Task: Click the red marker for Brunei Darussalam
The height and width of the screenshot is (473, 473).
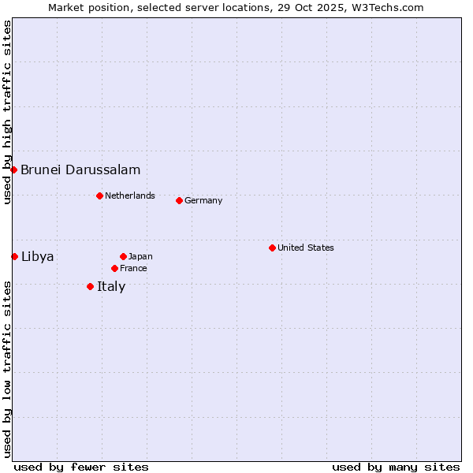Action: (x=13, y=169)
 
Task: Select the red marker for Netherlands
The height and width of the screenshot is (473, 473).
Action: (x=99, y=196)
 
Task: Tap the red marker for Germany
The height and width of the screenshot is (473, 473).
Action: (x=179, y=200)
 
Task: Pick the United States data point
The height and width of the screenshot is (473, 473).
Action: (x=272, y=248)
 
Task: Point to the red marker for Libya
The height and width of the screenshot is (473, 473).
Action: (x=14, y=256)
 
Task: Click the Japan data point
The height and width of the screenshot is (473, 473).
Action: (x=123, y=256)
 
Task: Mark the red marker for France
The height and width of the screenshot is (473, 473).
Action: (x=114, y=268)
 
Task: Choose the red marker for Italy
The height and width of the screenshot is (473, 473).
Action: (x=90, y=286)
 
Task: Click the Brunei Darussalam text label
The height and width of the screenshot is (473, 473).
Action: (x=80, y=169)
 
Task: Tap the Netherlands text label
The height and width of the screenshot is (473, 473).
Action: (x=130, y=196)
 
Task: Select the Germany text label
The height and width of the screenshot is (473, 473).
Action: (x=203, y=200)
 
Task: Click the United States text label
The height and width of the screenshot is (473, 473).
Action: (x=306, y=248)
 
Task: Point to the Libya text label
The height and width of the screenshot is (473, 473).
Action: (x=38, y=256)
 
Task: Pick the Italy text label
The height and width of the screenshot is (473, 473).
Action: (x=111, y=286)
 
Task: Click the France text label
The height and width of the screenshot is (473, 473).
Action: (x=133, y=268)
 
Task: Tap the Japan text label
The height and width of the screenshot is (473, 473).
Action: (x=140, y=256)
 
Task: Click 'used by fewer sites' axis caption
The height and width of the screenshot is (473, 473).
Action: (x=81, y=467)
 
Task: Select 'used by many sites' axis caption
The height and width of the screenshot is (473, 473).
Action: (x=396, y=467)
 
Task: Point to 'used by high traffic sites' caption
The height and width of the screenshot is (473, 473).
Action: (x=7, y=112)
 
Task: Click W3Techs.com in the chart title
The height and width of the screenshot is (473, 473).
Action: (x=387, y=7)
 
